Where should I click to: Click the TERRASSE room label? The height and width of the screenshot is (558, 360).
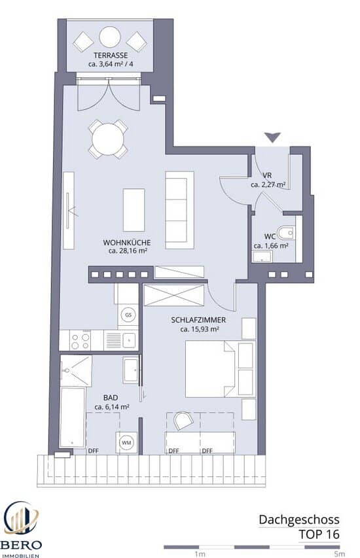(111, 56)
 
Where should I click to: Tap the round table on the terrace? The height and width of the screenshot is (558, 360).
(110, 37)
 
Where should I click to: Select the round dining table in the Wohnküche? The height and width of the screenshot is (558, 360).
(108, 139)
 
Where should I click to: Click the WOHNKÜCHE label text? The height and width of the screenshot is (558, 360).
(127, 243)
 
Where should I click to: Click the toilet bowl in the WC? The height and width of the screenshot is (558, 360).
(286, 234)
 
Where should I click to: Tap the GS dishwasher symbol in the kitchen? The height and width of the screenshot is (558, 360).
(128, 315)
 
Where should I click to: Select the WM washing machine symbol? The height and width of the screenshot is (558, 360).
(126, 443)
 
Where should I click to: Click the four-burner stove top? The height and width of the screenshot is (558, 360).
(80, 341)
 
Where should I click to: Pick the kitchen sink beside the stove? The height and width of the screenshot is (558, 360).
(128, 341)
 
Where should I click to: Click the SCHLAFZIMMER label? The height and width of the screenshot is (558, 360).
(198, 321)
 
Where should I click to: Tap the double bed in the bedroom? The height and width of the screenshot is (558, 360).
(221, 369)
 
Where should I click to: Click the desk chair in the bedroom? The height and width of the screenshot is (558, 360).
(183, 420)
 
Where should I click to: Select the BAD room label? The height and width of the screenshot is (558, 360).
(111, 398)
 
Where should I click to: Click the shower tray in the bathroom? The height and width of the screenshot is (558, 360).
(76, 370)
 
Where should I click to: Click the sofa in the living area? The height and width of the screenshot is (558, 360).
(179, 211)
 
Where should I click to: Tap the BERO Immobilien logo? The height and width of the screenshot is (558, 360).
(21, 528)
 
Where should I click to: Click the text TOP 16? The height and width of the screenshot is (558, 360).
(319, 534)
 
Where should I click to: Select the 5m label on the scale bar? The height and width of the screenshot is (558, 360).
(339, 554)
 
